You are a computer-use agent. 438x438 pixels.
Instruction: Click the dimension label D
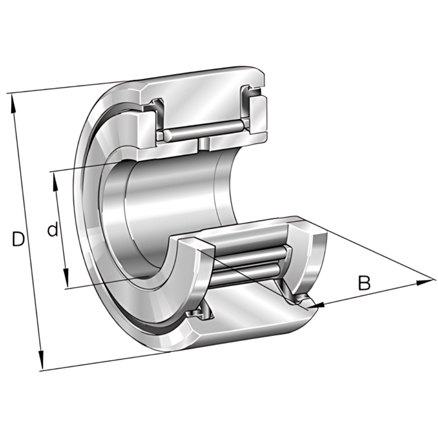tap(18, 240)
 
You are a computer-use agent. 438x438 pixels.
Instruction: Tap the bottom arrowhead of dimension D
tap(41, 359)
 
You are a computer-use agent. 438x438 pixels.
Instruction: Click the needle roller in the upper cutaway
tap(204, 131)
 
